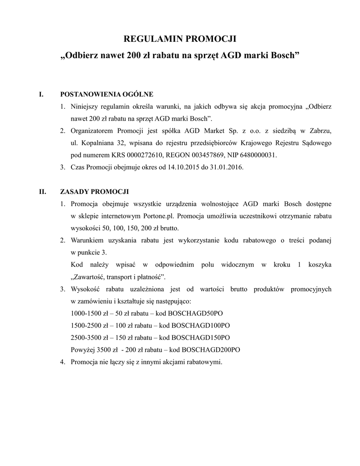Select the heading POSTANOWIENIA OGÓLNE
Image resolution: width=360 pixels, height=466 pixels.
point(107,95)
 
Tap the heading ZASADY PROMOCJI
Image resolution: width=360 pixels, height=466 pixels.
point(94,191)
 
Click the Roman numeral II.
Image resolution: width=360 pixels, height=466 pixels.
point(43,191)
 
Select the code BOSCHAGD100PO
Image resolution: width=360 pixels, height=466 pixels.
point(201,326)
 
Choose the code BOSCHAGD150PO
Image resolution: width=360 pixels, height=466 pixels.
point(201,338)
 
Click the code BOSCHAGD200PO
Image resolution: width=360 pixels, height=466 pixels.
point(211,350)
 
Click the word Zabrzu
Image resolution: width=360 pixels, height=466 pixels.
point(320,132)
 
